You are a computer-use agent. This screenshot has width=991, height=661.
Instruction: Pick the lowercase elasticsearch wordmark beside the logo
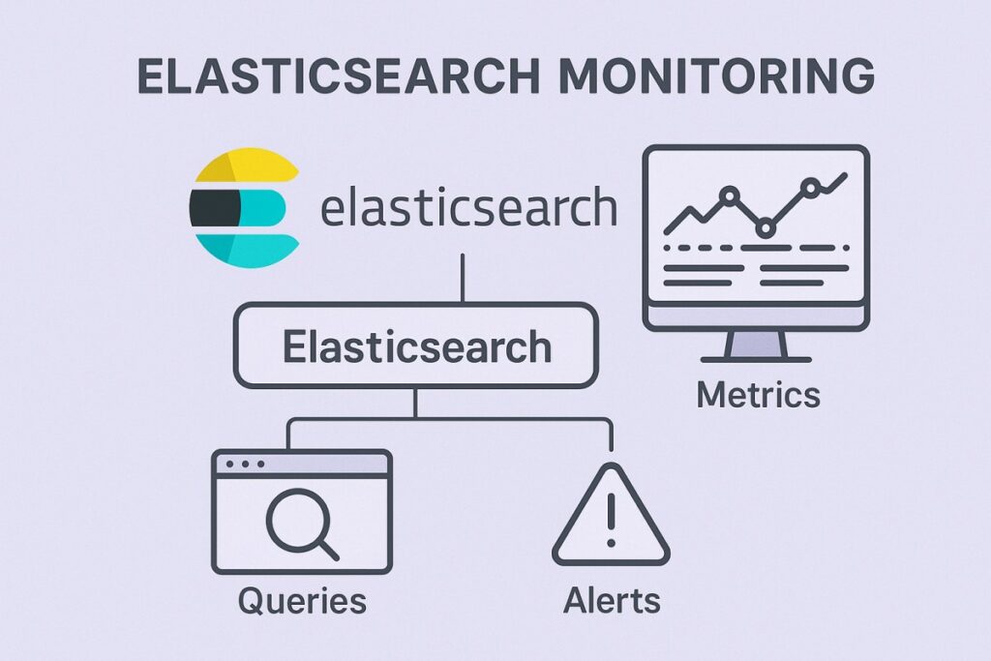[467, 207]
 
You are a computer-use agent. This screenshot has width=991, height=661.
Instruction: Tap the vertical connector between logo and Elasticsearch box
[464, 278]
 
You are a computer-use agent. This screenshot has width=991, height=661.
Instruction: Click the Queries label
[302, 601]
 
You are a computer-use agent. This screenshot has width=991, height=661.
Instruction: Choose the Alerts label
[612, 601]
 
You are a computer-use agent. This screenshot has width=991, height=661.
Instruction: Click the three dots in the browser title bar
[244, 465]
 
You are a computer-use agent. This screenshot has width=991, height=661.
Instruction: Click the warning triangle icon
[611, 523]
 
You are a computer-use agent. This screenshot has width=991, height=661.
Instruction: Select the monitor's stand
[757, 345]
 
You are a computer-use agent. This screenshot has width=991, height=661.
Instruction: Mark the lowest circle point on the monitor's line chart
[766, 228]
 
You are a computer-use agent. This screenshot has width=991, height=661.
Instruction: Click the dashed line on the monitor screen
[754, 250]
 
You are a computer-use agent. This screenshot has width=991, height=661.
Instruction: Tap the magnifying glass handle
[327, 548]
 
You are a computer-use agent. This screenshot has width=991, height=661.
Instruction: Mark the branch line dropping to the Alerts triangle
[612, 436]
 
